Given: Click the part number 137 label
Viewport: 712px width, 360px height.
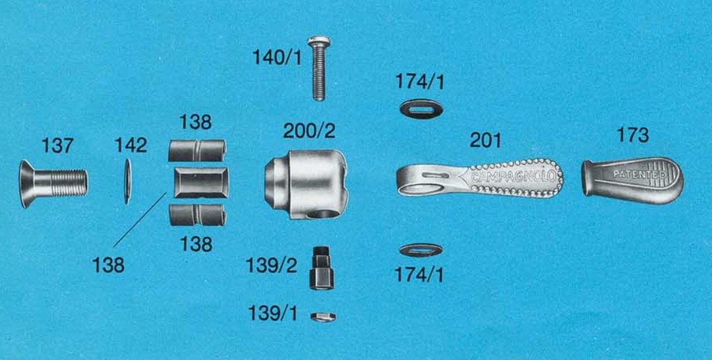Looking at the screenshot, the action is [57, 146].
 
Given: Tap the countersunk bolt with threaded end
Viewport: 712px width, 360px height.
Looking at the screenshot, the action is [53, 183].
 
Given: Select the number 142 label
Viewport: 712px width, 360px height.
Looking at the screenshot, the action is [131, 145].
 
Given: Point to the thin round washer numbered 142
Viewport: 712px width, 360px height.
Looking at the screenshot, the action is [128, 181].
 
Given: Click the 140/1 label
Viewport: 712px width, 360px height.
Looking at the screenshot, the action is [276, 57].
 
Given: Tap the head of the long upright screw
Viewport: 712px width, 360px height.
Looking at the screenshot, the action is [319, 42].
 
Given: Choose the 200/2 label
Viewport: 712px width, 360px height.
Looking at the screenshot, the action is [309, 131].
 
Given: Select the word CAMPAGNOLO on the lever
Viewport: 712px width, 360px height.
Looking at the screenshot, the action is [513, 176].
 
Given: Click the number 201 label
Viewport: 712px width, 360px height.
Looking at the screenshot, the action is [485, 140].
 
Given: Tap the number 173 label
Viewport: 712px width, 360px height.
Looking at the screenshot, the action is [632, 135].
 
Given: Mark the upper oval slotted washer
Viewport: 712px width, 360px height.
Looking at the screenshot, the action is [421, 109].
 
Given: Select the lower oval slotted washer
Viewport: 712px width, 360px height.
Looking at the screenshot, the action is [421, 250].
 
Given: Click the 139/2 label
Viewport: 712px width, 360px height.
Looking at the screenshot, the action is [272, 266].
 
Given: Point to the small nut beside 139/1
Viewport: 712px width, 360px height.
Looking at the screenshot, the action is [323, 317].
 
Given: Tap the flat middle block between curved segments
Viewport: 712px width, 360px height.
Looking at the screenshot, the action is [201, 183].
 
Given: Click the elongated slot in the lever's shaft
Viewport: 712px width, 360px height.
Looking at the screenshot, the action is [435, 175].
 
